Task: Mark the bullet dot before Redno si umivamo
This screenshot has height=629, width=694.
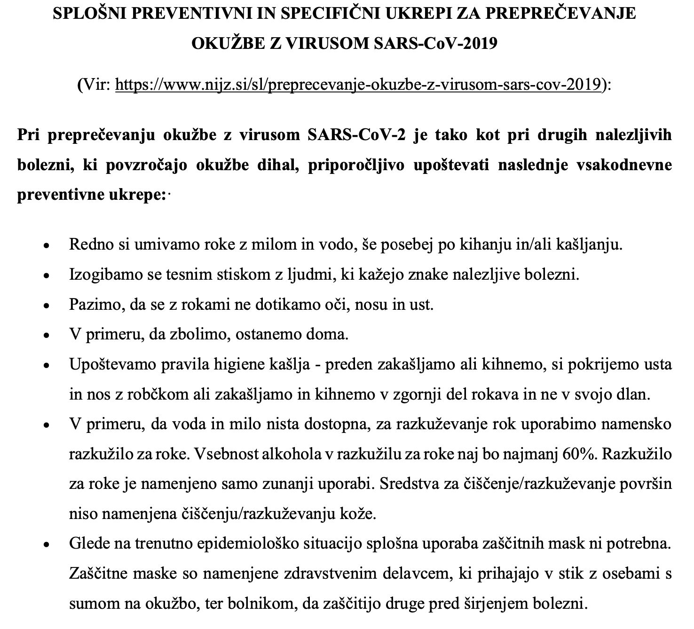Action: (x=46, y=246)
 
